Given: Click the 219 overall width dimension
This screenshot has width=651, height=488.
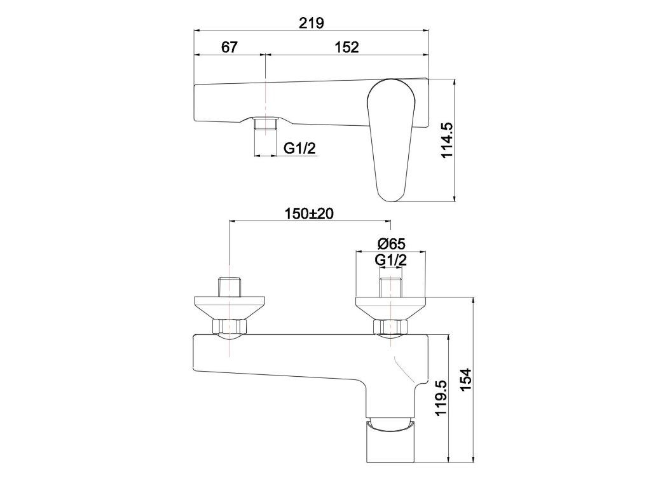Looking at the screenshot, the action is point(312,23).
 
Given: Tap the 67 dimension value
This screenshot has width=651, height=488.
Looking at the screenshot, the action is point(229,47).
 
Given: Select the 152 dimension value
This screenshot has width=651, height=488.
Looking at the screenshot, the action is point(346,47).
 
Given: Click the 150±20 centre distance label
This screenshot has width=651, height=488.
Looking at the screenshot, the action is point(310,213).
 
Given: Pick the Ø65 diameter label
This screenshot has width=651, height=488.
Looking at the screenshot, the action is point(391,243).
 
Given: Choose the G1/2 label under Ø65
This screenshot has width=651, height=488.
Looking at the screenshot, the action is point(391,260).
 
